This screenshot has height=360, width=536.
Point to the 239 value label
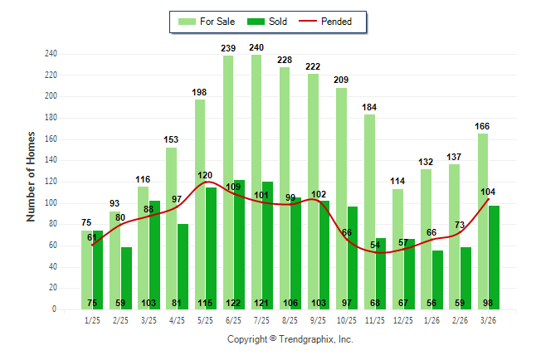[229, 48]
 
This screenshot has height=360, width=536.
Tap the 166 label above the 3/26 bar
[483, 126]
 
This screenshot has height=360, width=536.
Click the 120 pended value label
[205, 176]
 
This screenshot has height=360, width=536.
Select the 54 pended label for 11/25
[375, 246]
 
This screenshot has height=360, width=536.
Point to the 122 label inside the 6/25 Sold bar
[234, 302]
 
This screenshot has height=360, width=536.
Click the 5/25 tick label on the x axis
[206, 320]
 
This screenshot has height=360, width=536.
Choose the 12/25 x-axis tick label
[403, 320]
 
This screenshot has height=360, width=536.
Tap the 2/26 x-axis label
[460, 320]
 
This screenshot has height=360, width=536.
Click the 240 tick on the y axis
[51, 54]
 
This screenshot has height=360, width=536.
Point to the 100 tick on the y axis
[51, 203]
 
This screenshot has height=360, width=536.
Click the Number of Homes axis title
[32, 176]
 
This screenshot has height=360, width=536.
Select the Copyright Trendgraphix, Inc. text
[290, 339]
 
